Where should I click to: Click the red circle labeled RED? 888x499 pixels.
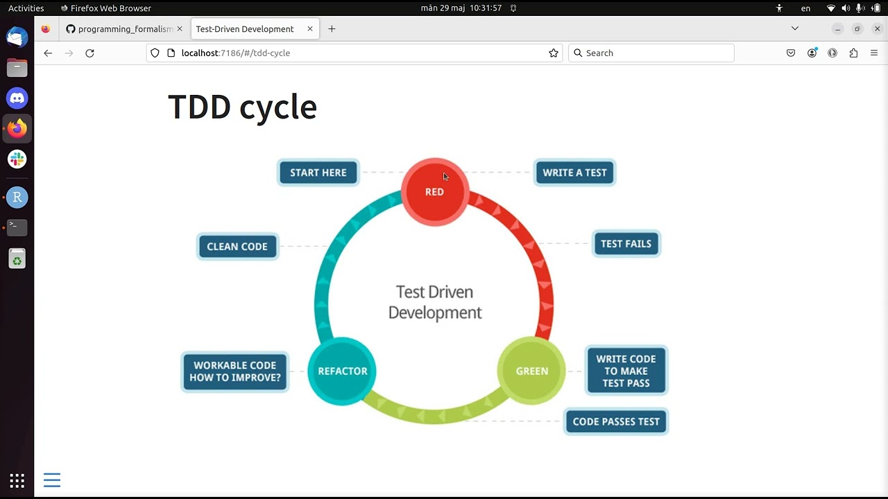(x=435, y=192)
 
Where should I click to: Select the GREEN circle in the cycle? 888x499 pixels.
(x=531, y=371)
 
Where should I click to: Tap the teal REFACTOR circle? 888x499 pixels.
(x=342, y=371)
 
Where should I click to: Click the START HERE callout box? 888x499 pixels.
(x=318, y=173)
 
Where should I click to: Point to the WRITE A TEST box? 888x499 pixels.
(x=574, y=173)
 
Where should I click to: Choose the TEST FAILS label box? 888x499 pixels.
(x=626, y=244)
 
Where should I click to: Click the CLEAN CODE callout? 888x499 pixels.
(x=237, y=247)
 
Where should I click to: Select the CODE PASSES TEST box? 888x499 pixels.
(x=616, y=421)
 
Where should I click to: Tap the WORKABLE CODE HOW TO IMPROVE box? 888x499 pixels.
(x=235, y=371)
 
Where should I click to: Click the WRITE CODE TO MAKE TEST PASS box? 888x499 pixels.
(x=626, y=371)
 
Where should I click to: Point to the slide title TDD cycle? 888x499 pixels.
(x=242, y=107)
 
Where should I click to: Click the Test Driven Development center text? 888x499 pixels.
(x=435, y=302)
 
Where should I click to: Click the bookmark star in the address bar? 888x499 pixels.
(x=554, y=53)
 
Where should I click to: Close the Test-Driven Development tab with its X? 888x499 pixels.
(x=310, y=29)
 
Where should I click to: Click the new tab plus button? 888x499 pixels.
(x=332, y=29)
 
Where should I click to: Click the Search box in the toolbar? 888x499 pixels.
(x=652, y=53)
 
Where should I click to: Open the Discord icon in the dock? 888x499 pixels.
(x=17, y=98)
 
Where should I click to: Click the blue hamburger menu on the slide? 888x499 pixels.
(x=52, y=480)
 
